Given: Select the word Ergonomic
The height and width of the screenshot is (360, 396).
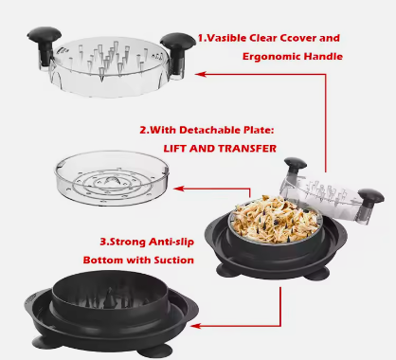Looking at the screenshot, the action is [271, 57].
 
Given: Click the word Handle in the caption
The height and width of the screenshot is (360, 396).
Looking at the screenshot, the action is [323, 56].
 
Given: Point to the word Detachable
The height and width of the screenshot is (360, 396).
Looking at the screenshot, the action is [209, 130].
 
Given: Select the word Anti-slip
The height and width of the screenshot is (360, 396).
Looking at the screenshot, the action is [171, 242].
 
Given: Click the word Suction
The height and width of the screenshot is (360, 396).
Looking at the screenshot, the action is [174, 261].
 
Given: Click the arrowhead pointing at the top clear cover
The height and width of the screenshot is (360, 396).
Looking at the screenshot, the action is [201, 74].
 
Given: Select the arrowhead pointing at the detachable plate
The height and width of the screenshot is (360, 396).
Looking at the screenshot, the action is [179, 189].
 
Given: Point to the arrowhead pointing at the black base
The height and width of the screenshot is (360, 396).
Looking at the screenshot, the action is [195, 326].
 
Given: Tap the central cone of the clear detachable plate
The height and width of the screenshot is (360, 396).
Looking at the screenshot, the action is [112, 181].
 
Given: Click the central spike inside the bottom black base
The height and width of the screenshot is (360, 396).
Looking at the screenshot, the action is [109, 297].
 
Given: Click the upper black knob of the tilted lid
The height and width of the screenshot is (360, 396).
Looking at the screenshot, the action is [296, 165].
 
